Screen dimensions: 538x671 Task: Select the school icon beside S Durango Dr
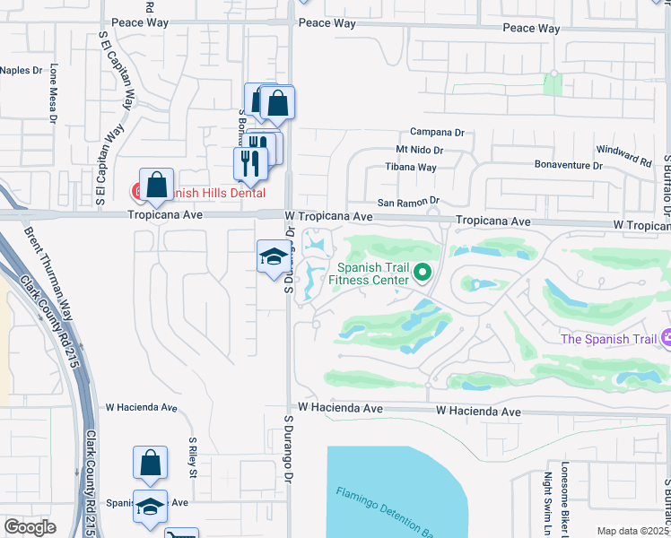273,256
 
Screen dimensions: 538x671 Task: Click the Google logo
30,527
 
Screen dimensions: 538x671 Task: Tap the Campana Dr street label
437,132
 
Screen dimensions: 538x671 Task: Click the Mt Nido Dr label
420,150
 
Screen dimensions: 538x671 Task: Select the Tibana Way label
411,168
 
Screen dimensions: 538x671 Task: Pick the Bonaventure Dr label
567,166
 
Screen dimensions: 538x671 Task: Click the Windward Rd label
628,160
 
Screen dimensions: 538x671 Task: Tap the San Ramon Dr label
409,203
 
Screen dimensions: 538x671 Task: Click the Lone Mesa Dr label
54,92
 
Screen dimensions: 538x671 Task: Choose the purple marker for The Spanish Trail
665,338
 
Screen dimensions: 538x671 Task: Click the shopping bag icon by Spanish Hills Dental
156,186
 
